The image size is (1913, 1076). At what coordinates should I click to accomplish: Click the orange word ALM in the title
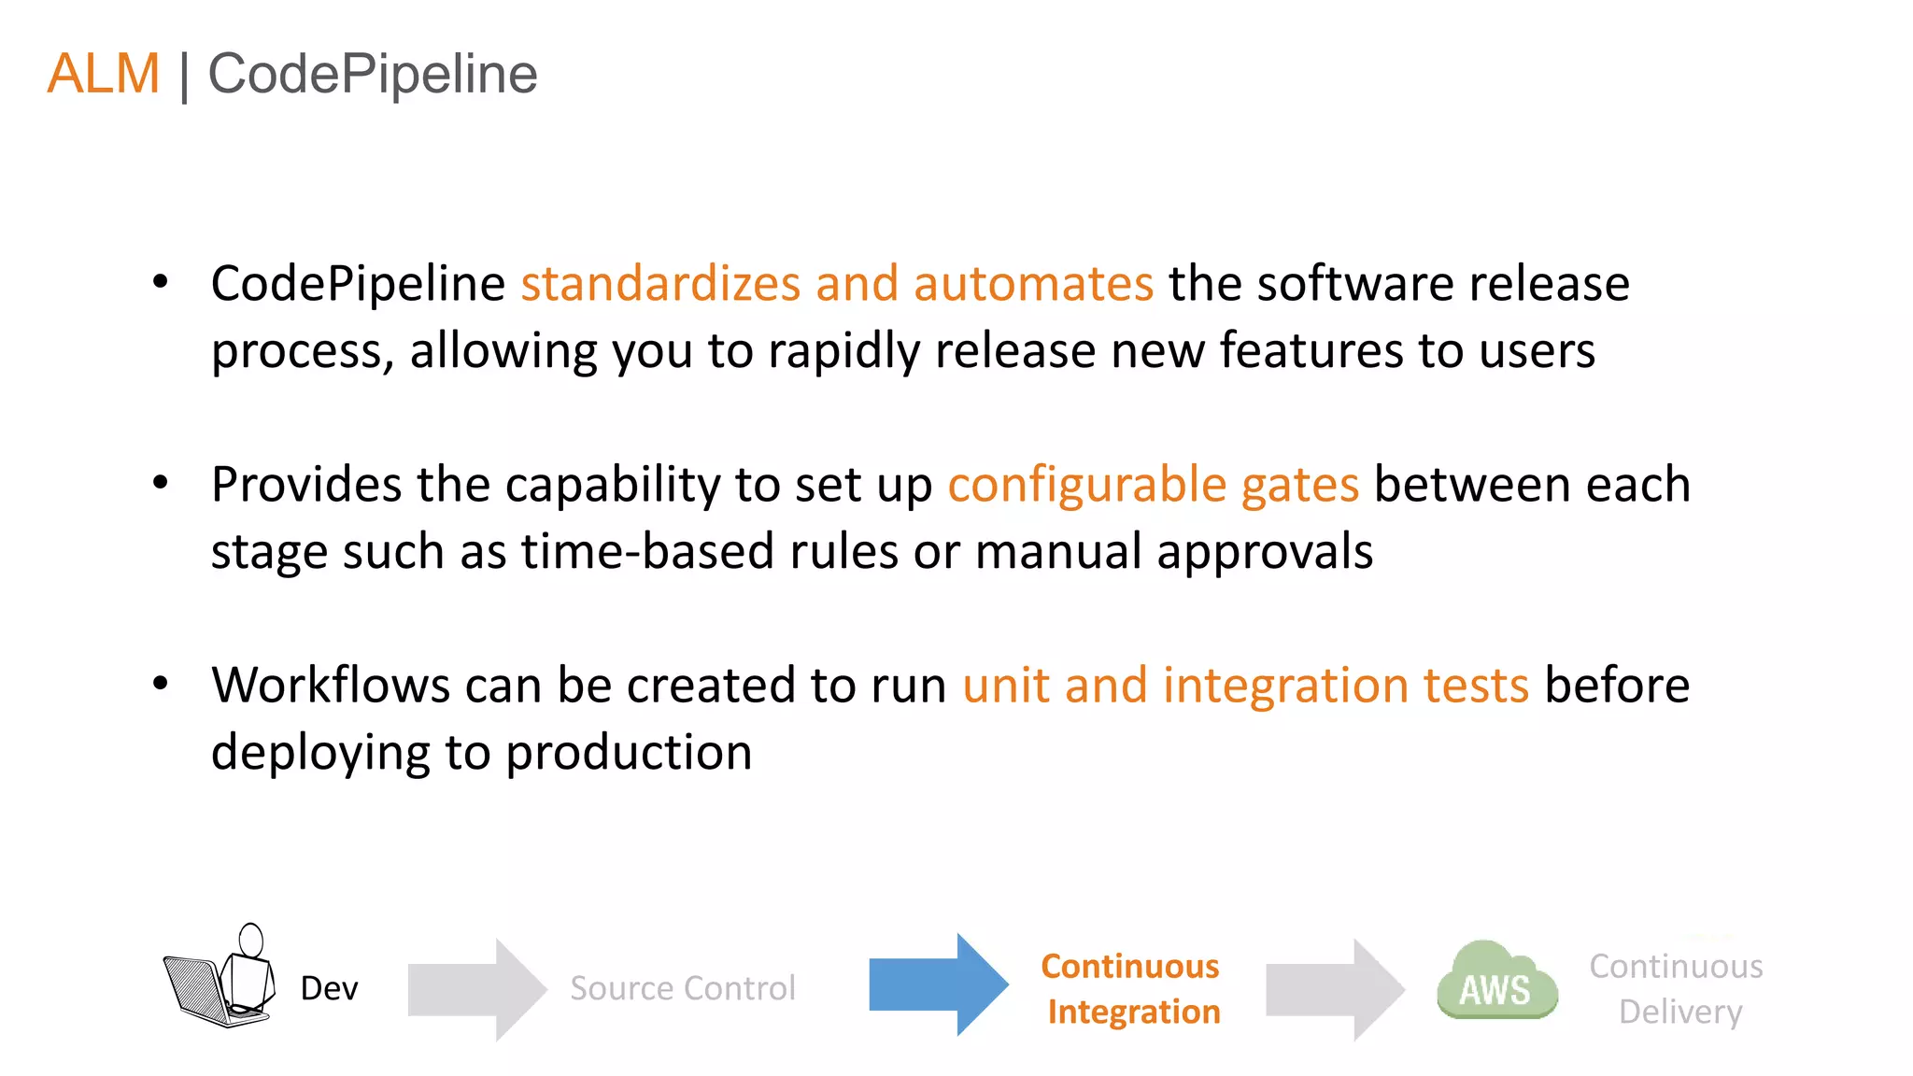pos(104,74)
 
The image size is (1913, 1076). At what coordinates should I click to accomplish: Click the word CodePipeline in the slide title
pos(372,74)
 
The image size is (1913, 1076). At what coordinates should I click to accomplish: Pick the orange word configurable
pos(1086,485)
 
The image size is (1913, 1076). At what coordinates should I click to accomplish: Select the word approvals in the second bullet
pos(1265,553)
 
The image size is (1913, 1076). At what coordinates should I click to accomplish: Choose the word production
pos(629,753)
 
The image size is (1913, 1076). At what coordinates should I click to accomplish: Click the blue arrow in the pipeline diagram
pos(938,984)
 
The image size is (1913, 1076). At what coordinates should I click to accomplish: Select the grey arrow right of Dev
pos(476,989)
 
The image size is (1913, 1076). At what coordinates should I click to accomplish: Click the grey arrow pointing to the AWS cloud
pos(1334,989)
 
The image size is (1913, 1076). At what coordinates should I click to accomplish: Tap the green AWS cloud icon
pos(1496,984)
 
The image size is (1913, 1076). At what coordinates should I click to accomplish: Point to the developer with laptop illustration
pos(220,977)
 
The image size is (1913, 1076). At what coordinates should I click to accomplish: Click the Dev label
pos(329,988)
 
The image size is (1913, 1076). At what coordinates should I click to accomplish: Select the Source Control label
pos(683,988)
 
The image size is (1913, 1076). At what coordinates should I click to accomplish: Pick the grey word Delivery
pos(1679,1012)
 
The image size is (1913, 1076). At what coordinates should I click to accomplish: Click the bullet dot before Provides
pos(161,482)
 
